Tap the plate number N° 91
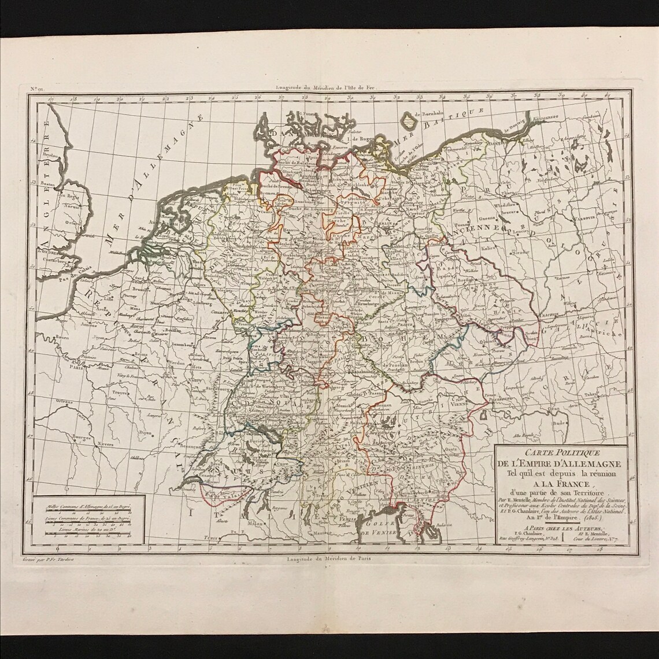tap(35, 88)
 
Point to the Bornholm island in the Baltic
tap(408, 121)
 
